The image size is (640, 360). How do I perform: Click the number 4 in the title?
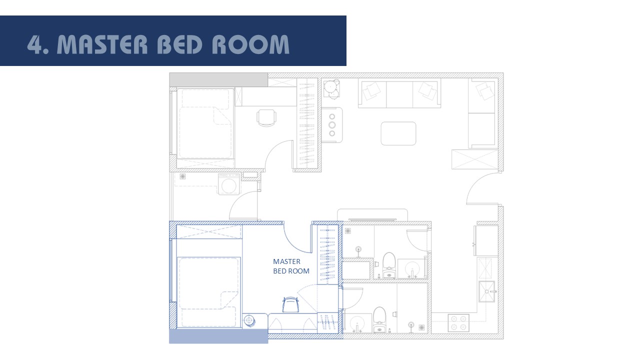point(35,44)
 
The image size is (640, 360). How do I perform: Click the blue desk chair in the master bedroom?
point(290,304)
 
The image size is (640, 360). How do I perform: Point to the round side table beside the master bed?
point(248,320)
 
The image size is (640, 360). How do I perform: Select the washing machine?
point(228,184)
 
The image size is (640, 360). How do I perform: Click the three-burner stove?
point(331,124)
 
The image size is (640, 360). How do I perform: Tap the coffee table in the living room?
point(398,133)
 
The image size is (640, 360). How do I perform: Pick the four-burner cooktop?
point(458,322)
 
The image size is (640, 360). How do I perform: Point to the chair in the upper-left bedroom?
point(266,117)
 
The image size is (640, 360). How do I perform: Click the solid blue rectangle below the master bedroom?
point(218,336)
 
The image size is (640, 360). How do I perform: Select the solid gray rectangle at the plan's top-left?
point(218,79)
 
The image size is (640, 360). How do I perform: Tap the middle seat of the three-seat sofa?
point(399,93)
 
